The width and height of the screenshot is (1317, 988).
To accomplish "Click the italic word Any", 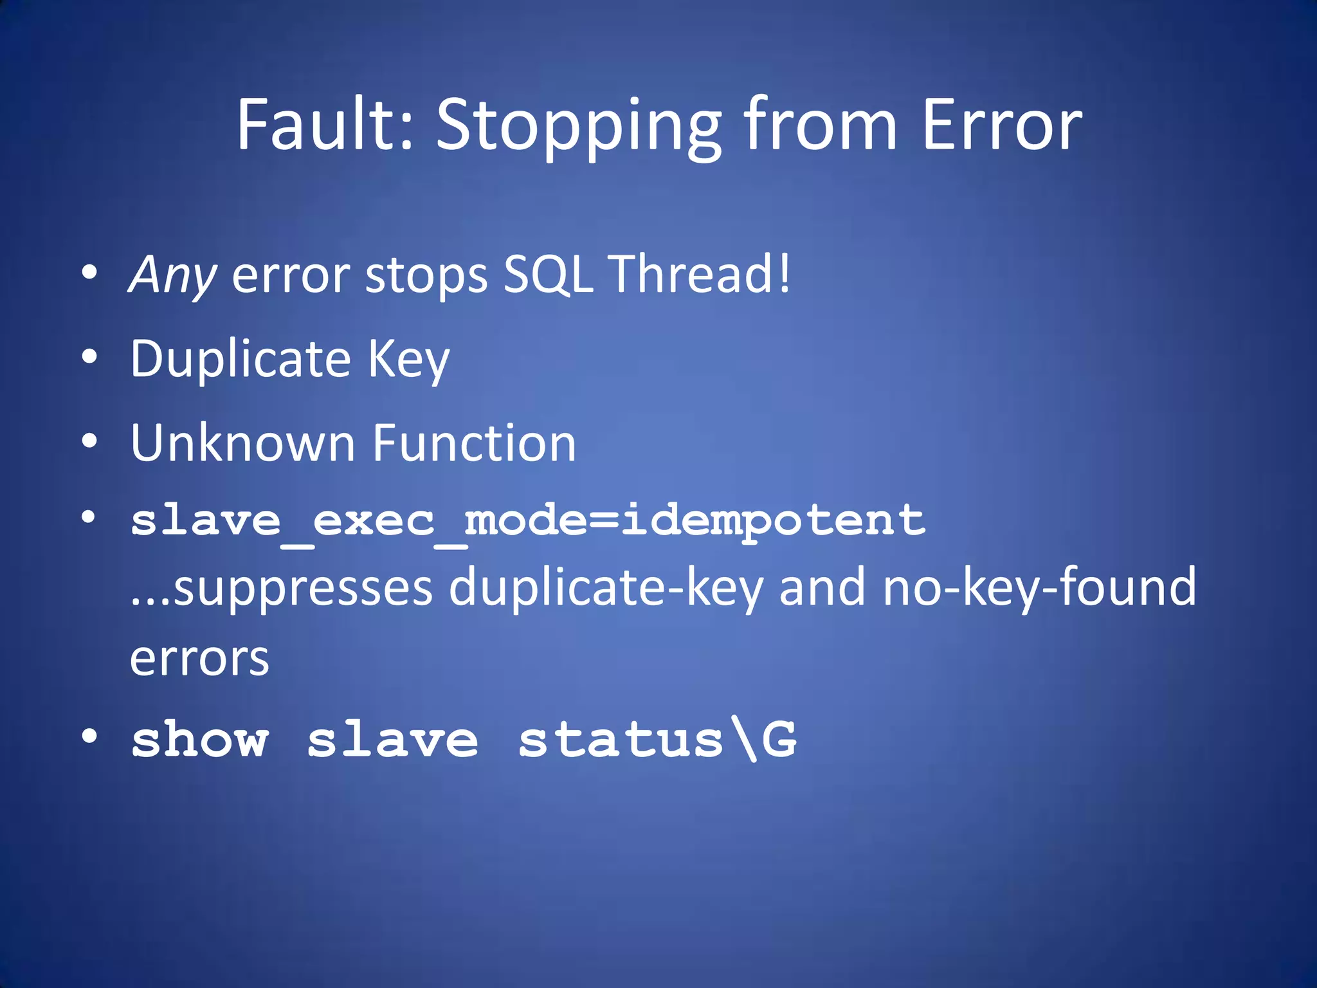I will point(172,275).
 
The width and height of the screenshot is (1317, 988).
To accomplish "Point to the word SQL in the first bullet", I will point(547,275).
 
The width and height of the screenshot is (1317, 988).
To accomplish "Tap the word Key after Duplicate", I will point(408,360).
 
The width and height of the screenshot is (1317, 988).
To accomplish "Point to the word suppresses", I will point(303,588).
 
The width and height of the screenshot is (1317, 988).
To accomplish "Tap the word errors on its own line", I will point(199,659).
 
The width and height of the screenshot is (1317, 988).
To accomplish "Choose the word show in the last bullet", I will point(199,739).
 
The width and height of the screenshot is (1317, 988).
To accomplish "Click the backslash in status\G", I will point(743,739).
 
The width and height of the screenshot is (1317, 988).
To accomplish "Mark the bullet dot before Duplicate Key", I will point(89,357).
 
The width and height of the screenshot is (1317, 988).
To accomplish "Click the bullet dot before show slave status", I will point(89,736).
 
